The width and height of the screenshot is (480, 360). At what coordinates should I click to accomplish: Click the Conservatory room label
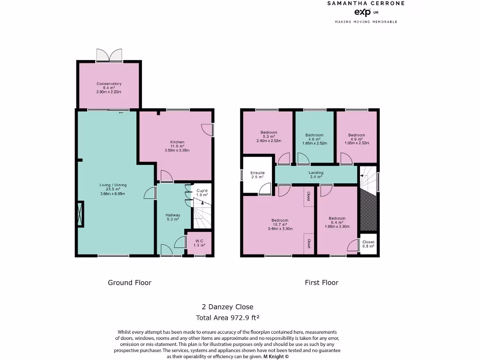[109, 88]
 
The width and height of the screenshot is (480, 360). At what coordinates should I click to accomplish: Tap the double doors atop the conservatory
[109, 55]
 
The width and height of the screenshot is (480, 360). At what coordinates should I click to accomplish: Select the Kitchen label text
[177, 146]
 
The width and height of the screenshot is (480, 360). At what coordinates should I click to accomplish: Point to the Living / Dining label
[113, 189]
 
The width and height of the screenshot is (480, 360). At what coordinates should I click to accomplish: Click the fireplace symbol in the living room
[81, 214]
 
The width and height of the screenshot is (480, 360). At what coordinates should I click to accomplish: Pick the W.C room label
[200, 243]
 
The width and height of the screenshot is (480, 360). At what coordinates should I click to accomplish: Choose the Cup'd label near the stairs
[202, 192]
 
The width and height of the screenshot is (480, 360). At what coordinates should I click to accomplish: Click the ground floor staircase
[202, 216]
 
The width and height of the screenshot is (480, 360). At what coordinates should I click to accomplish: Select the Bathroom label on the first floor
[314, 139]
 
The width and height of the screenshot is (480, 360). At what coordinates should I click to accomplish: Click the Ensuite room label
[257, 175]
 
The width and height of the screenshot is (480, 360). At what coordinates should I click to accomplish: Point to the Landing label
[316, 174]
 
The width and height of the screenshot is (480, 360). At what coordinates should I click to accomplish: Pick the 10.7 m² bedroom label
[280, 224]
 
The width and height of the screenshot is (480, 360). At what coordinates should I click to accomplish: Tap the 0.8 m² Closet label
[368, 244]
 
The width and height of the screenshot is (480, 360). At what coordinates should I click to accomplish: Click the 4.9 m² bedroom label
[356, 139]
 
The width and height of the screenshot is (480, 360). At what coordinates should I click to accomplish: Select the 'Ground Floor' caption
[129, 283]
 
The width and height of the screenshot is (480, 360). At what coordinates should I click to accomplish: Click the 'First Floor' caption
[322, 283]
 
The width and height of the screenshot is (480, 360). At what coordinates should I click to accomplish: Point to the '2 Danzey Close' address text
[227, 307]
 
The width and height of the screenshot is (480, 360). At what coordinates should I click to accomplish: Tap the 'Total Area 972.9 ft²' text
[227, 317]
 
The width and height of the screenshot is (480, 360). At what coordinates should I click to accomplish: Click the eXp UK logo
[362, 12]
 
